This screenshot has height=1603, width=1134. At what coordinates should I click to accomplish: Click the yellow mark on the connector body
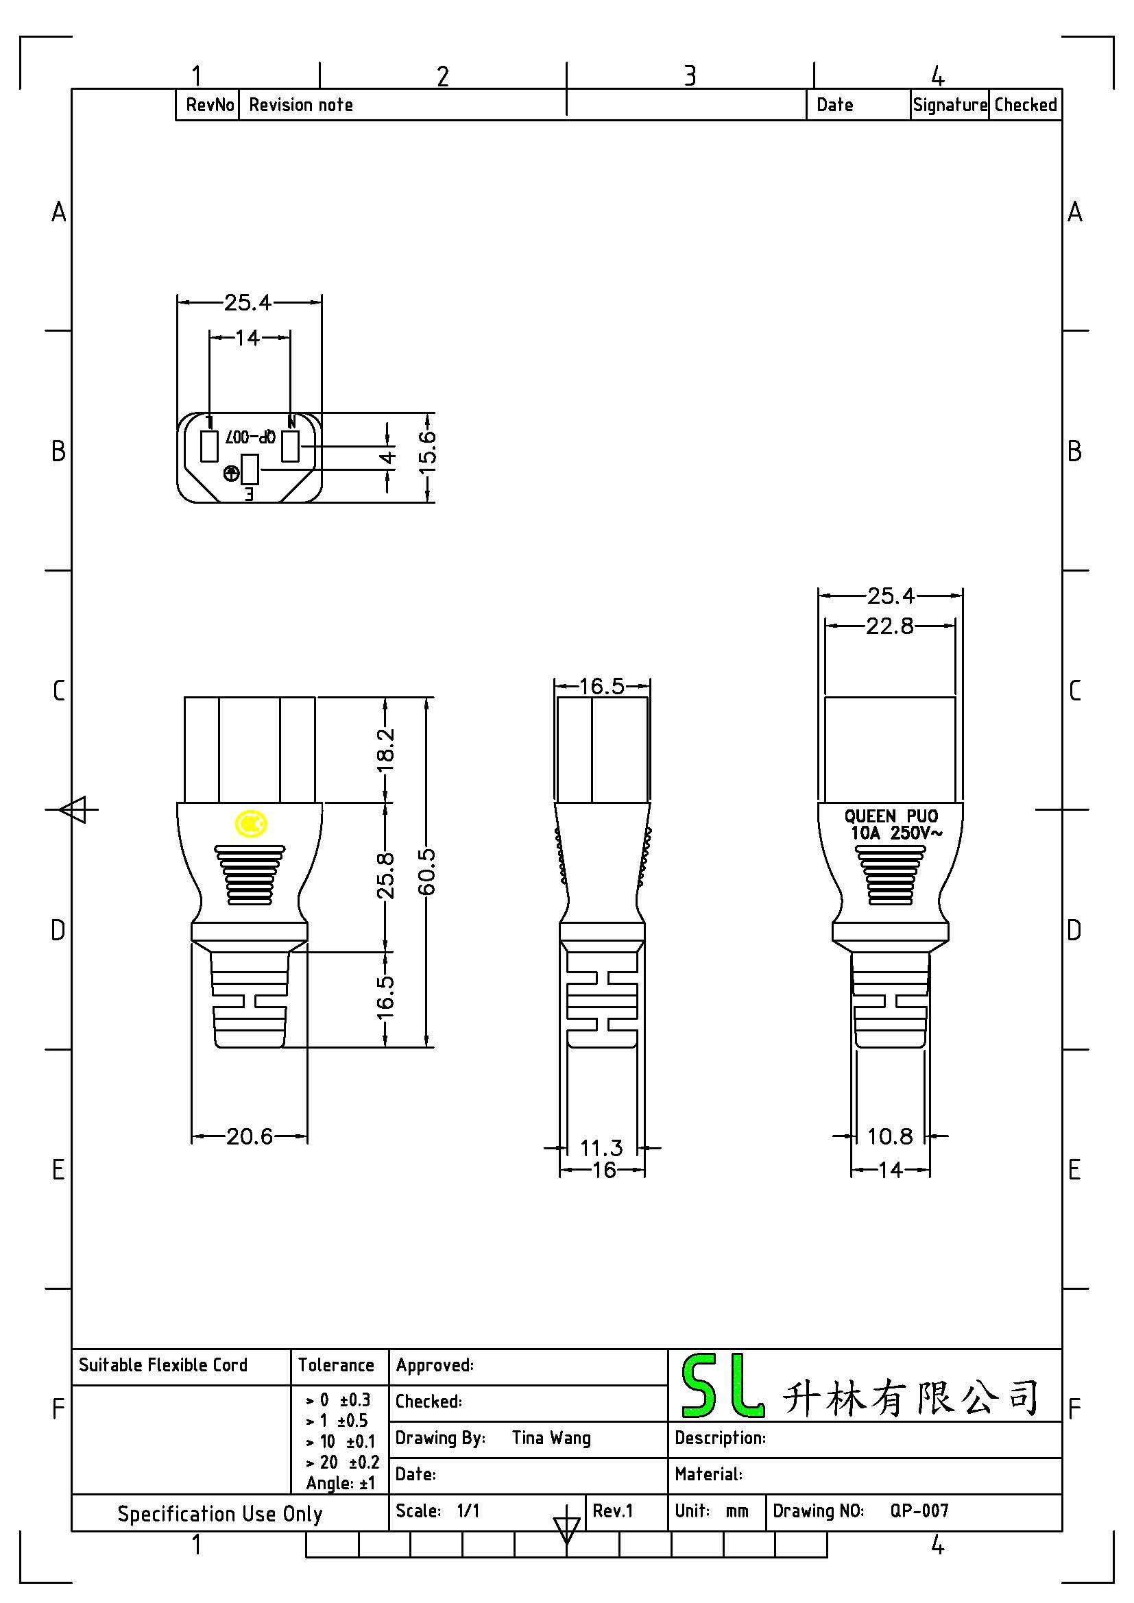(x=251, y=824)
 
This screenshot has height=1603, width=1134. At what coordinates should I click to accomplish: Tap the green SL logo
(x=721, y=1386)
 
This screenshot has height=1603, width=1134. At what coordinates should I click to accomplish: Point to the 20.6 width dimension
(x=250, y=1136)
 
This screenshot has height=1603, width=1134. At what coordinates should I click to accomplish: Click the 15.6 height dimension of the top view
(x=428, y=452)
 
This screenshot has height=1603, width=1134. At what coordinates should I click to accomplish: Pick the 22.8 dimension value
(x=890, y=626)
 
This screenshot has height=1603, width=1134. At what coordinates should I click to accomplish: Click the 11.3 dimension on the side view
(x=601, y=1148)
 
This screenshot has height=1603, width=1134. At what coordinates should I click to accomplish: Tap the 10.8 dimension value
(x=890, y=1136)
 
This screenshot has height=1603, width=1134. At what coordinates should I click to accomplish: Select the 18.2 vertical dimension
(x=385, y=750)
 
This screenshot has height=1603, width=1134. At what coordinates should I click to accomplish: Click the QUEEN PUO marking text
(x=891, y=816)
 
